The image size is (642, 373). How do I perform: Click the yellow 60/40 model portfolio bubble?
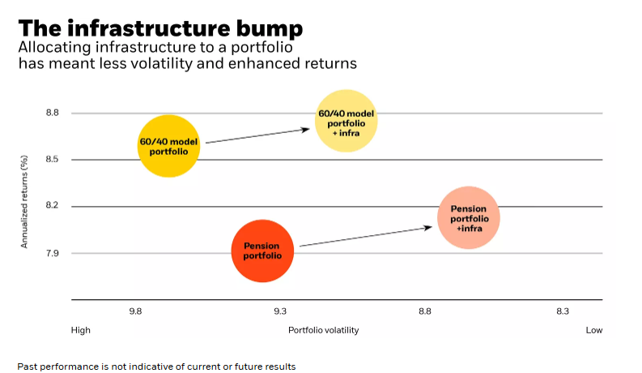[168, 147]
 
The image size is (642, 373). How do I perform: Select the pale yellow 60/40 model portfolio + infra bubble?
[347, 121]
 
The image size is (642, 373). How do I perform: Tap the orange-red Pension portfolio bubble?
[261, 251]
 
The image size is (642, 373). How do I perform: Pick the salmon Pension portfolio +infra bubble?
[469, 217]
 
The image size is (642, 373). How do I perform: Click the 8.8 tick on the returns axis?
[53, 113]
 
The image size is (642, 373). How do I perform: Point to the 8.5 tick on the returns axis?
[53, 160]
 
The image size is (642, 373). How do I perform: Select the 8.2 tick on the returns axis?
[53, 207]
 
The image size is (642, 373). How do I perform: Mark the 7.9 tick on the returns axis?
[53, 254]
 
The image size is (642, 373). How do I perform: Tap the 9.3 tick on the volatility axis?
[280, 311]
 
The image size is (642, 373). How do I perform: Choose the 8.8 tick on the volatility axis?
[424, 311]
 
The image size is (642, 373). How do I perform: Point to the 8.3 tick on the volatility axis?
[563, 311]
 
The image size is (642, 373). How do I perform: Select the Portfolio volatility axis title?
[323, 330]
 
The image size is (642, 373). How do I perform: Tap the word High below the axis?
[81, 330]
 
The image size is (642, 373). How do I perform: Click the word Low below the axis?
[594, 330]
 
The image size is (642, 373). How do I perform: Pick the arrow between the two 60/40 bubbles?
[260, 135]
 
